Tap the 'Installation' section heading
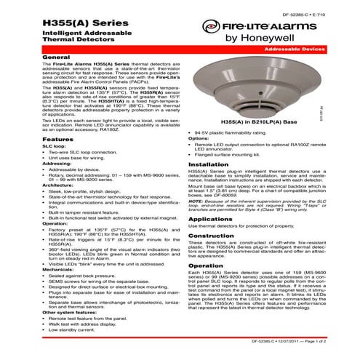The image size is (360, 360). tap(209, 164)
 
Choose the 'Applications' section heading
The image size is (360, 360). tap(210, 219)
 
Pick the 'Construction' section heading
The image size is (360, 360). tap(212, 236)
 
